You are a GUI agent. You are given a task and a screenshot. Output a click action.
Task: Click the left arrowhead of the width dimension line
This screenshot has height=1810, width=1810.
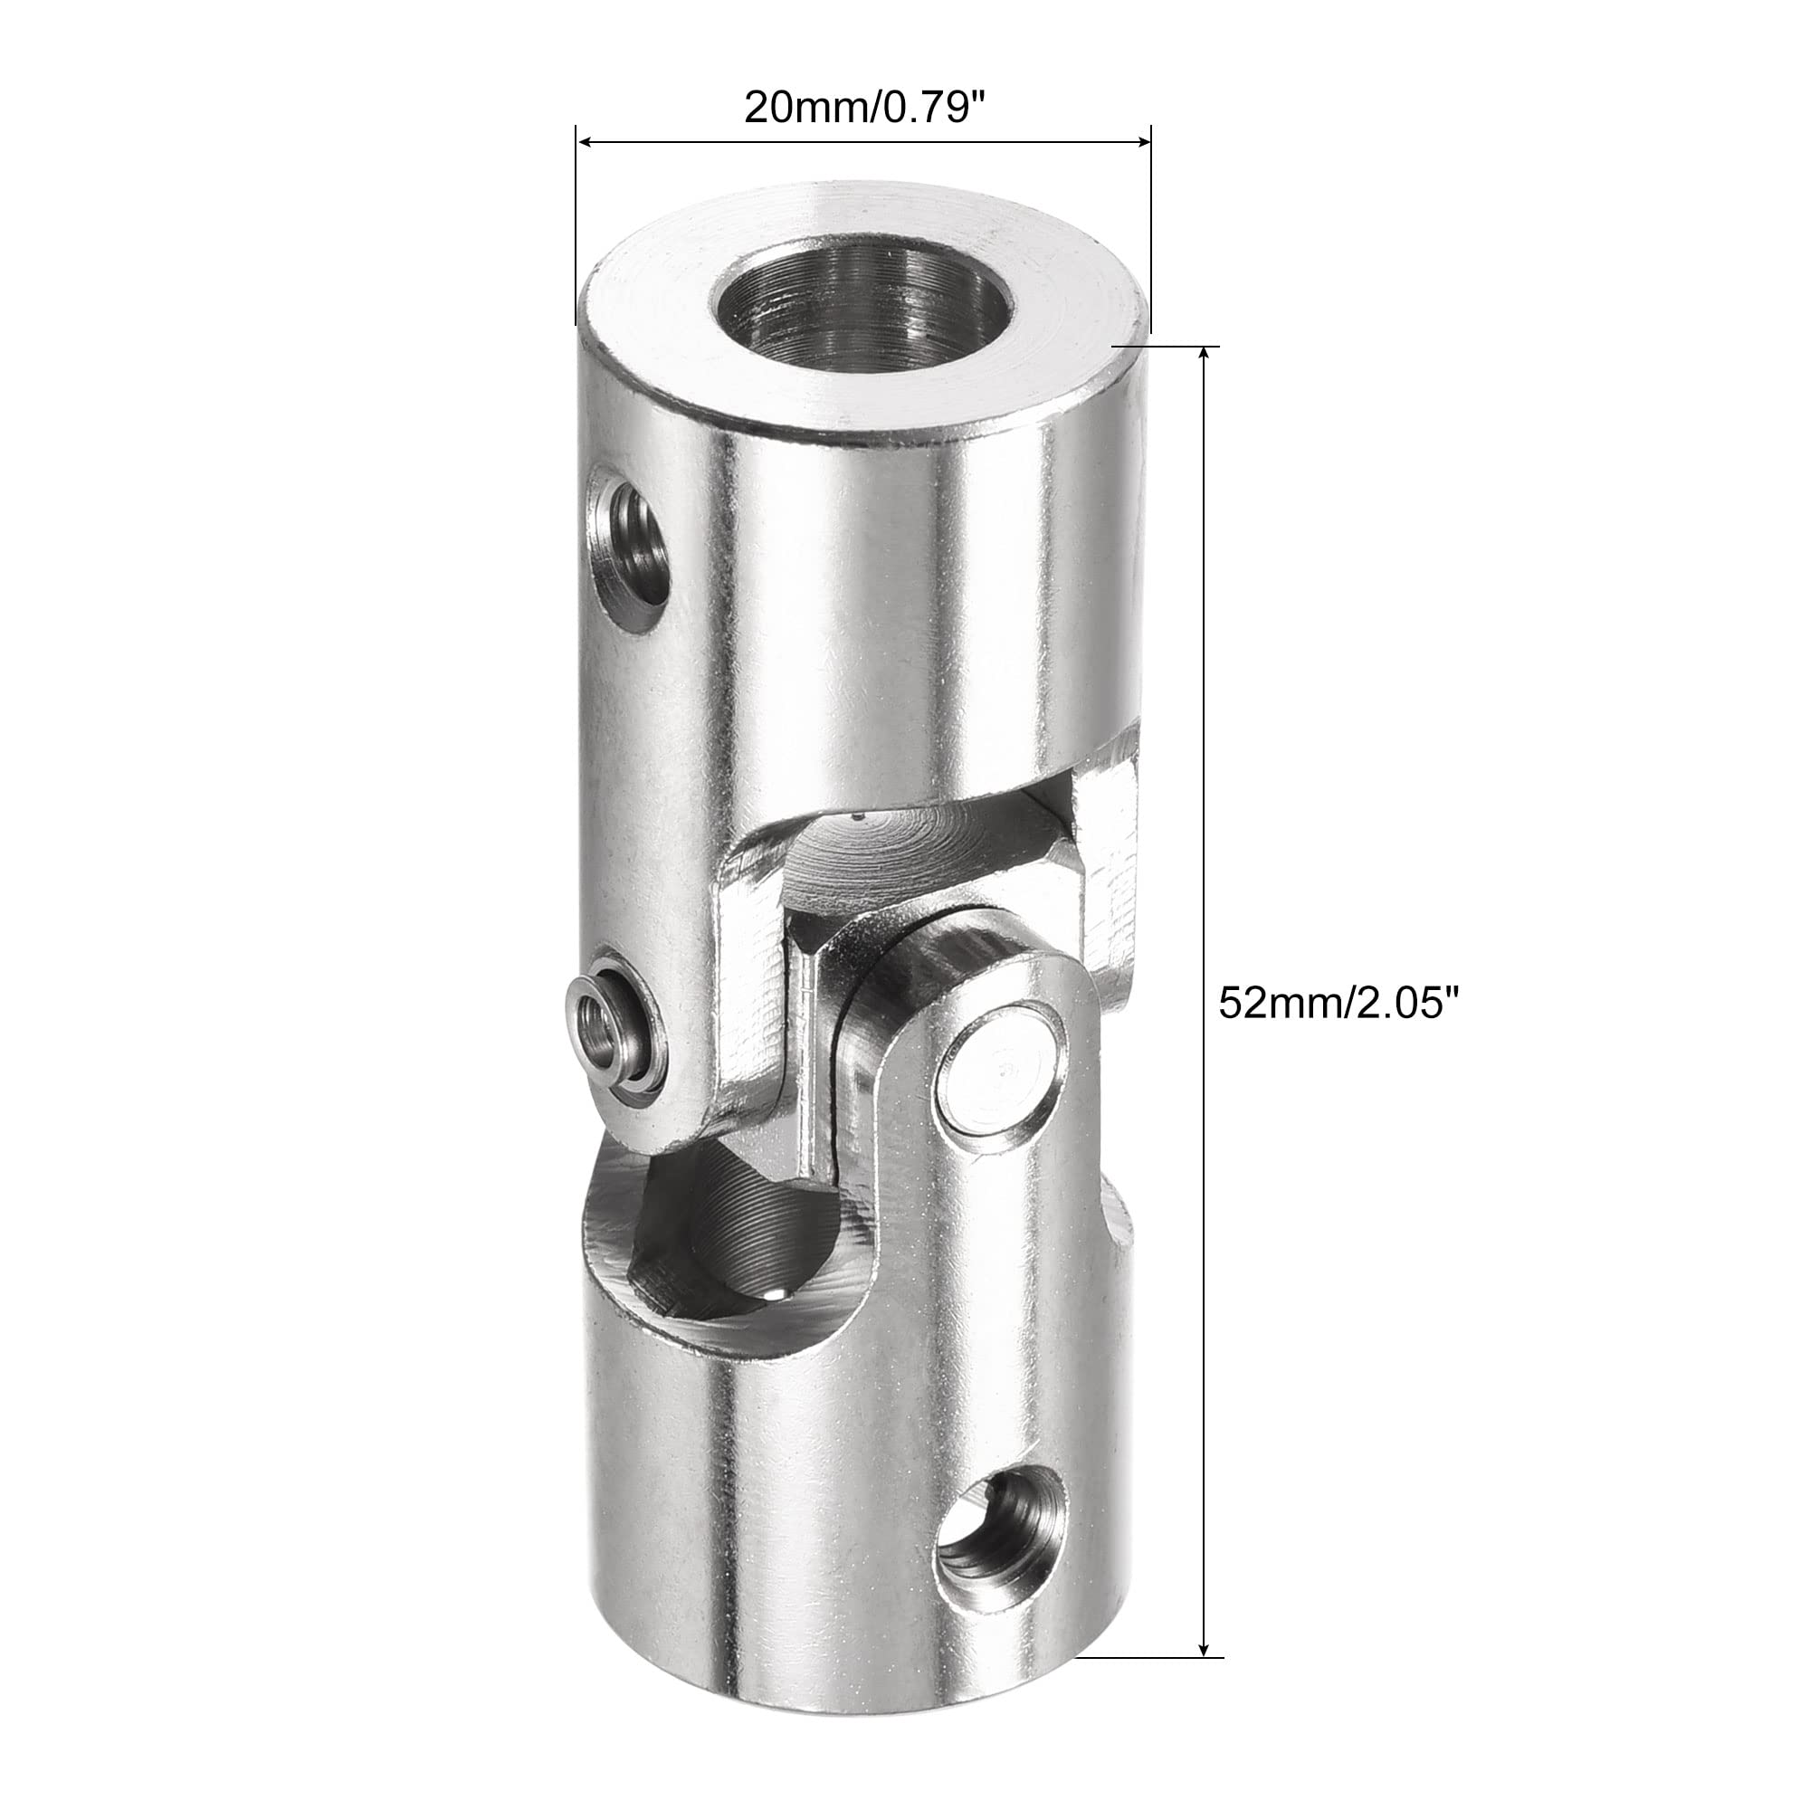[x=585, y=142]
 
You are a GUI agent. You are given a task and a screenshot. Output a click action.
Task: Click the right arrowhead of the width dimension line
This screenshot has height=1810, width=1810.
[x=1140, y=142]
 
